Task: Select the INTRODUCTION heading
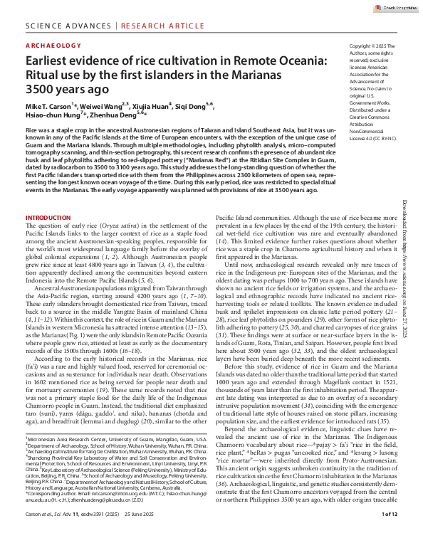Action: click(x=50, y=217)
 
